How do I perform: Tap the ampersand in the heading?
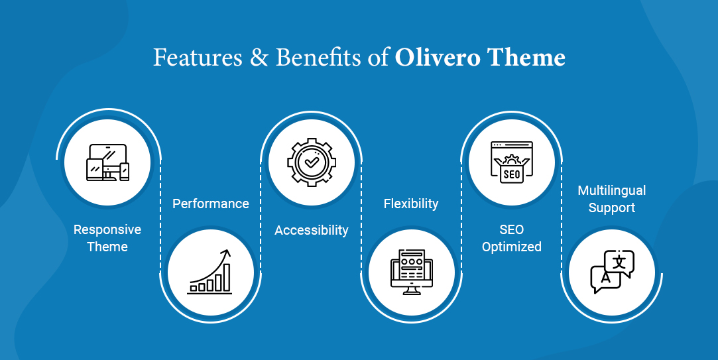[256, 58]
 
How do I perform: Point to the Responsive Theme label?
[107, 238]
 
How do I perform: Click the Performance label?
[211, 204]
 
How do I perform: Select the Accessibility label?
[312, 230]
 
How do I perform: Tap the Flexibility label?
[411, 204]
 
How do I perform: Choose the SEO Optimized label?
[512, 238]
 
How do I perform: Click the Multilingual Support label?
[611, 199]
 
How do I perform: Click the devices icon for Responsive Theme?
[107, 162]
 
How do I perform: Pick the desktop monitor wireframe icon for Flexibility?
[411, 272]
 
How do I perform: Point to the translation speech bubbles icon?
[611, 272]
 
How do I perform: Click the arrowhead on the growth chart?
[226, 253]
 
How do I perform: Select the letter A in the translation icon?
[605, 279]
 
